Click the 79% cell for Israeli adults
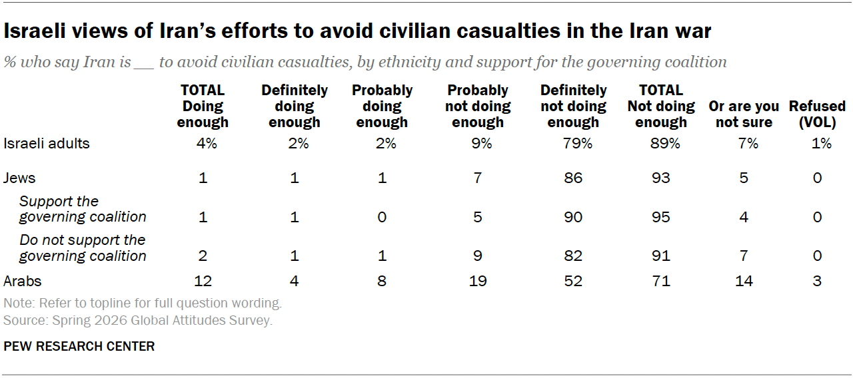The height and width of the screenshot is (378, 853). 577,143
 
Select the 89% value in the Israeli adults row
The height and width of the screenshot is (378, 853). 665,143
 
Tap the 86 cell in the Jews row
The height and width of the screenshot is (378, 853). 573,178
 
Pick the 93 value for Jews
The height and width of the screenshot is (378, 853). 660,178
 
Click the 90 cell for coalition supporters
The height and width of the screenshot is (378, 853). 573,217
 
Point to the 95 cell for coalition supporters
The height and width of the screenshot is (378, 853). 660,217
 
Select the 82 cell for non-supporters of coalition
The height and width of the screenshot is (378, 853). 573,256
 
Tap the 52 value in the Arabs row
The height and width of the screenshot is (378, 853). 573,281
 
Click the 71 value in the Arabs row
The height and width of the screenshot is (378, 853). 660,281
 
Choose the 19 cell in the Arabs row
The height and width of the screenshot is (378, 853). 478,281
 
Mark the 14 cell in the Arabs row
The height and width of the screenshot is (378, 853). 744,281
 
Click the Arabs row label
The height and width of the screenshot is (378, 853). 23,281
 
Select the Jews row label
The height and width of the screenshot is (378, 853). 19,178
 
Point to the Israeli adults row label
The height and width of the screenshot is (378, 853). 47,143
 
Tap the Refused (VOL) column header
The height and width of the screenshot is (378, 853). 817,114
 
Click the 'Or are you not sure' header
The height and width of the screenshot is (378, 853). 744,114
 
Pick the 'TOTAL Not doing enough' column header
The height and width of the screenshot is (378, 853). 661,106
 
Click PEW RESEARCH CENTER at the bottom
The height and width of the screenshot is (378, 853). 79,347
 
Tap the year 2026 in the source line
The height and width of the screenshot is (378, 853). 111,320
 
